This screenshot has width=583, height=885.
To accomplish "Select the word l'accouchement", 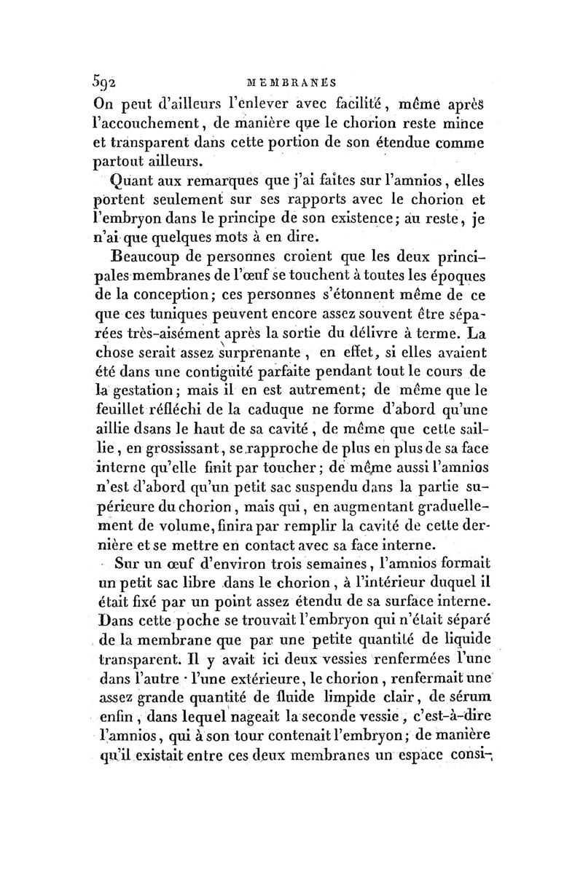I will (x=152, y=124).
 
